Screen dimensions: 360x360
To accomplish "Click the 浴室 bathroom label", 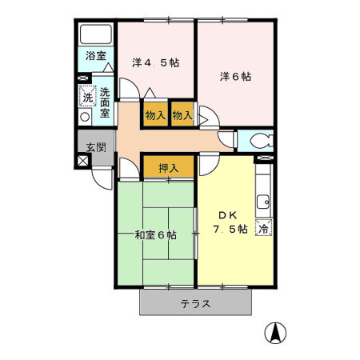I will pyautogui.click(x=96, y=57).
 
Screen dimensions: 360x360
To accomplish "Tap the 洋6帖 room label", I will pyautogui.click(x=236, y=77).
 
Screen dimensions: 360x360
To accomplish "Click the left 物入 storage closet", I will pyautogui.click(x=155, y=115).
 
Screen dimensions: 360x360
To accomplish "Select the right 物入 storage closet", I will pyautogui.click(x=182, y=115).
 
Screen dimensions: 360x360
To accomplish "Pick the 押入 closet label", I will pyautogui.click(x=168, y=168).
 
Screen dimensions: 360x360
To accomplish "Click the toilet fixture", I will pyautogui.click(x=258, y=142).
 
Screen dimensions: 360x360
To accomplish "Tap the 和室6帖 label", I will pyautogui.click(x=156, y=235).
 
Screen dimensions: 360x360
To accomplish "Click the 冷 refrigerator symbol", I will pyautogui.click(x=262, y=230).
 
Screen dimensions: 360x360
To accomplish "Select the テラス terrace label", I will pyautogui.click(x=195, y=304).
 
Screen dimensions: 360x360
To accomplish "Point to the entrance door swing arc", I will pyautogui.click(x=102, y=178).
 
